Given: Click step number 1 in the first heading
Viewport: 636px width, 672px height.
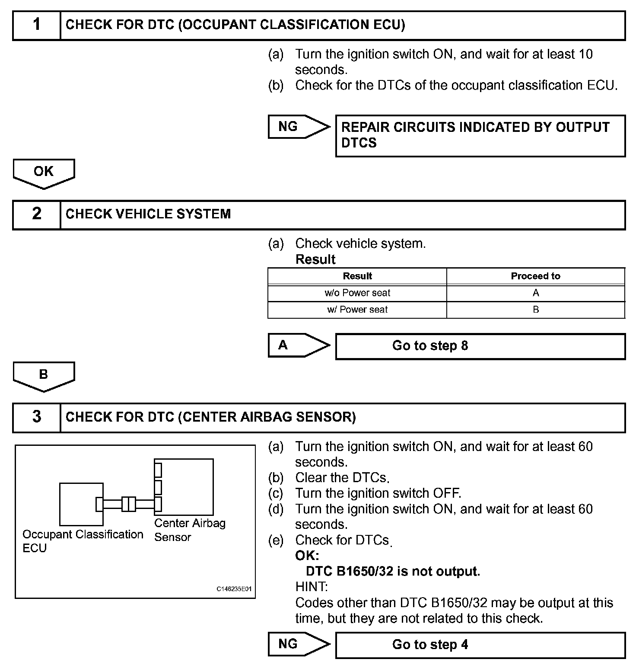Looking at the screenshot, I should click(37, 25).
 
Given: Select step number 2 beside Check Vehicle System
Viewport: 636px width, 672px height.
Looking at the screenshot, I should click(37, 214).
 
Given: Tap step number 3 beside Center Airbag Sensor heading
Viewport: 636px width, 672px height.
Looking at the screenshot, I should click(37, 417).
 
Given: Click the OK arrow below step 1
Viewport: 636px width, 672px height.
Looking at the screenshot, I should click(44, 173).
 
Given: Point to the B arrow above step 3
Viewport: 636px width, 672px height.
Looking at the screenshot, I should click(44, 375).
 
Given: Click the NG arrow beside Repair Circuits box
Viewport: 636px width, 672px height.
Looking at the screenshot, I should click(298, 127).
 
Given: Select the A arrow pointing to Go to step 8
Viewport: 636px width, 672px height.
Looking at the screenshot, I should click(298, 345).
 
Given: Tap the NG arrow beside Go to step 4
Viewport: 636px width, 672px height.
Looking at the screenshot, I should click(298, 644).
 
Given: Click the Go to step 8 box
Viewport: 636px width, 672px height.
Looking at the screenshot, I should click(480, 346).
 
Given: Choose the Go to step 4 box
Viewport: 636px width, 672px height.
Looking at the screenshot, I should click(480, 645).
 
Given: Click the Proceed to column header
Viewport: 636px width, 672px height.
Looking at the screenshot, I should click(535, 276).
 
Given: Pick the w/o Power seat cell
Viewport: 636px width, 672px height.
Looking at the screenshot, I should click(357, 293).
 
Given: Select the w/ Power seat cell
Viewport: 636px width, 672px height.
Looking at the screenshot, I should click(357, 310).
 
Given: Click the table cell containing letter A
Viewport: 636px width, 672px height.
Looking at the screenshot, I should click(536, 293).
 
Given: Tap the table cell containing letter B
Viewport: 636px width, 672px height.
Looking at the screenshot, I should click(536, 310).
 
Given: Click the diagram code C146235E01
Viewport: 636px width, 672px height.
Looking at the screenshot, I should click(234, 589).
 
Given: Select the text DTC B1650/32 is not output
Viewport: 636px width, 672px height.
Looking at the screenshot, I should click(393, 571).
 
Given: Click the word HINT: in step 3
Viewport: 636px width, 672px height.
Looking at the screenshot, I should click(311, 587).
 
